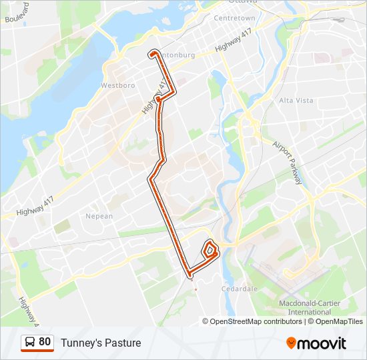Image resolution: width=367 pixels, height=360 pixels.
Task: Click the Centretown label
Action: (x=234, y=18)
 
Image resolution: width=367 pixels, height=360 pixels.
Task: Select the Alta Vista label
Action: (x=296, y=100)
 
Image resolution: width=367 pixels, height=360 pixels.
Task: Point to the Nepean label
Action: (x=99, y=216)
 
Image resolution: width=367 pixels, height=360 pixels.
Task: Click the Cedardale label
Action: (x=240, y=289)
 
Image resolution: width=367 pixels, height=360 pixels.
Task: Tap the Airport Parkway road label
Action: (x=288, y=163)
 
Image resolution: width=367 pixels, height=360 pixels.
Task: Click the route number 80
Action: (x=45, y=342)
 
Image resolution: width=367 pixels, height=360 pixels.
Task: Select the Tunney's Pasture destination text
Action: (x=101, y=343)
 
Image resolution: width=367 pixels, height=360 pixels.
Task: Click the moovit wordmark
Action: (x=322, y=343)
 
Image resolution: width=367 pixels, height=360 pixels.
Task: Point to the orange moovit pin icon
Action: (x=291, y=343)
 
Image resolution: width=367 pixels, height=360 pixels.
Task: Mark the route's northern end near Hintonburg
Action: (x=153, y=53)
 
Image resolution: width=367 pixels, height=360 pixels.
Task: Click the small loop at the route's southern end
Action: (x=210, y=250)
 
